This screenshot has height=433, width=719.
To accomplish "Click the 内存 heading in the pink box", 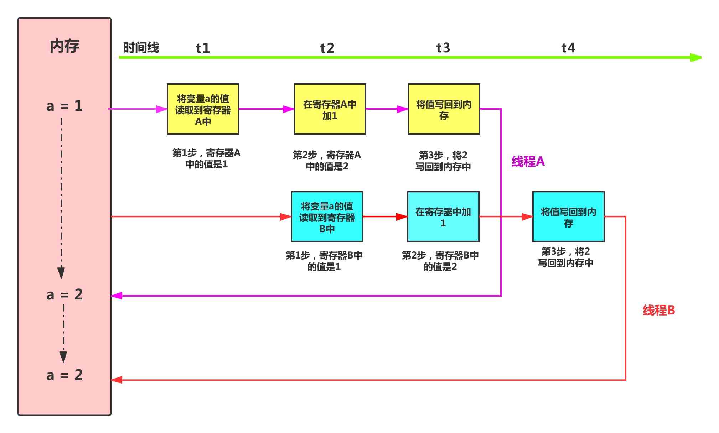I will (64, 46).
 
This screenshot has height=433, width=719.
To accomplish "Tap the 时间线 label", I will (141, 48).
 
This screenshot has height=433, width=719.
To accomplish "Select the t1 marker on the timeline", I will (203, 48).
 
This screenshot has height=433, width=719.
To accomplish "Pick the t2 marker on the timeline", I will (327, 48).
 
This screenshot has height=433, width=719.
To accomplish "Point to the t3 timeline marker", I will (443, 48).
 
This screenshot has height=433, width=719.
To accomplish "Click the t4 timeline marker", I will (568, 48).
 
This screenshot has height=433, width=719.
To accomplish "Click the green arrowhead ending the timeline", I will (696, 57).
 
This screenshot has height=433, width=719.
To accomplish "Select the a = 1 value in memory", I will (64, 106).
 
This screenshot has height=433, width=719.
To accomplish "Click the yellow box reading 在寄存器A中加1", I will (330, 109).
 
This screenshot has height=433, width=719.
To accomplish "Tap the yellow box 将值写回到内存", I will (444, 109).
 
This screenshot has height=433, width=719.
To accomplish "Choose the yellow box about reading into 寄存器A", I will (203, 109).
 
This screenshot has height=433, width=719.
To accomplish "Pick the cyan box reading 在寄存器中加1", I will (443, 217).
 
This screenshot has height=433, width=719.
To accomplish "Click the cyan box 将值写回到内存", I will (568, 217).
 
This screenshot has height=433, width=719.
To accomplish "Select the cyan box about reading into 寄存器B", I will (327, 217).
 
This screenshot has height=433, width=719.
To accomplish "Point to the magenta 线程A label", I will (528, 162).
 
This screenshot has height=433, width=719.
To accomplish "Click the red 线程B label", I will (658, 311).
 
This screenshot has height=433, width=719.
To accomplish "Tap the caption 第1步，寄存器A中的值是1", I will (206, 158).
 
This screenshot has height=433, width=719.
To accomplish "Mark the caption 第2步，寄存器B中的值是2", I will (440, 261).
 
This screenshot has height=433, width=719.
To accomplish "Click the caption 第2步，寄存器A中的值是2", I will (327, 161).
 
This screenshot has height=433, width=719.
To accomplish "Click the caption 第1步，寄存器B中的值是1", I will (324, 261).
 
